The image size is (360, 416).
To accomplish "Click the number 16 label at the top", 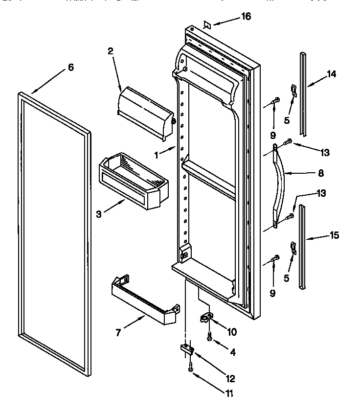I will coord(246,17).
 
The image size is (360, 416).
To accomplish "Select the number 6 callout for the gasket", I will coord(70,68).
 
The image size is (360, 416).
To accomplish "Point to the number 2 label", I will coord(111,51).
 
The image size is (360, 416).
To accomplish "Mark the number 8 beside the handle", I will coord(321,173).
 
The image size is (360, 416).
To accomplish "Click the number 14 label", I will coord(332,74).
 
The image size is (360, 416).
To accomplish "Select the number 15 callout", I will coord(334,235).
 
